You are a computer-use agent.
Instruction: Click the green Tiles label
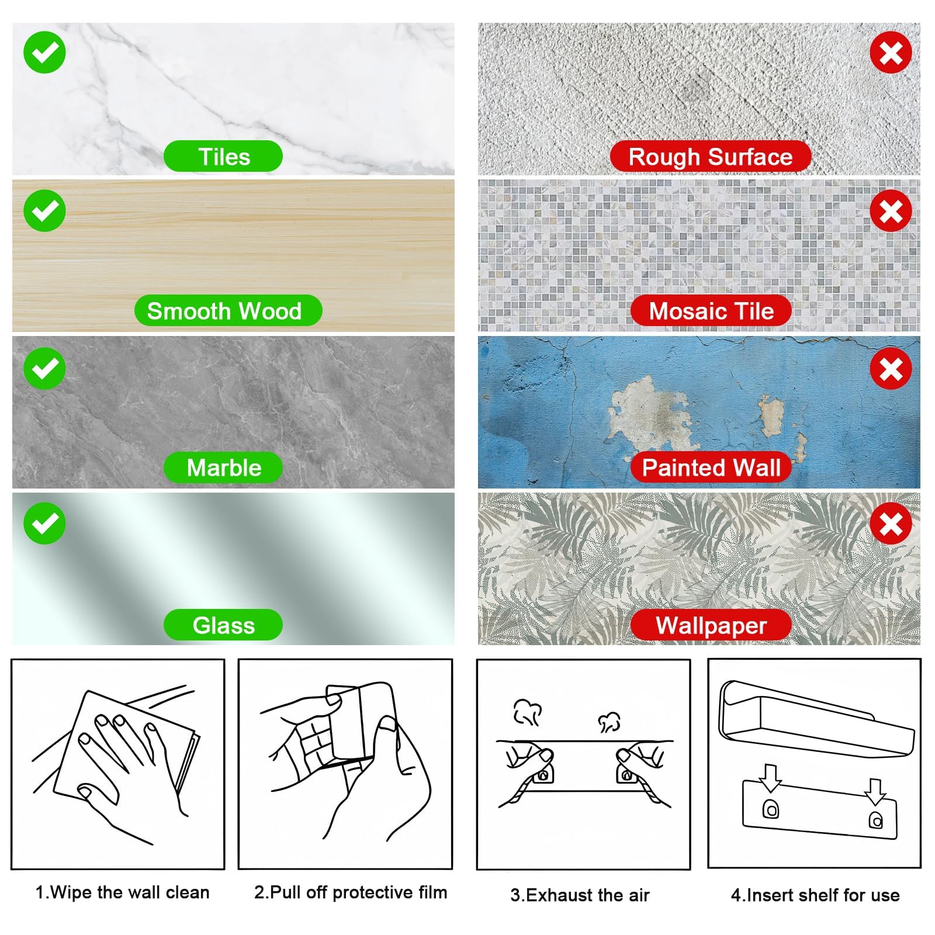tap(223, 157)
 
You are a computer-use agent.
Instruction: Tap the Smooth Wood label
tap(228, 310)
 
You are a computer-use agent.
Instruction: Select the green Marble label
tap(223, 467)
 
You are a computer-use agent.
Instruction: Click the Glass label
tap(223, 625)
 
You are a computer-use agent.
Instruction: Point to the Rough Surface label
tap(711, 157)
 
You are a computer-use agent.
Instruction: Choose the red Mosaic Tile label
tap(711, 310)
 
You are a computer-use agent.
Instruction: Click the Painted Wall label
tap(711, 467)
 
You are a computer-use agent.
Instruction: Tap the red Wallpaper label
tap(711, 625)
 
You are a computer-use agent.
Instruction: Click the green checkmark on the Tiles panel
tap(44, 53)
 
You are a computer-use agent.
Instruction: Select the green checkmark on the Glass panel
tap(44, 524)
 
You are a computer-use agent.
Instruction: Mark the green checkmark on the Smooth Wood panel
tap(44, 211)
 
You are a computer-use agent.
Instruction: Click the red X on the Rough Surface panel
tap(891, 53)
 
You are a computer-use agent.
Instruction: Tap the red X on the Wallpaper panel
tap(891, 524)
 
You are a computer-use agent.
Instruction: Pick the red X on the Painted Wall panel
tap(891, 369)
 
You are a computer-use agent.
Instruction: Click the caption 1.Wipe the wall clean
tap(122, 892)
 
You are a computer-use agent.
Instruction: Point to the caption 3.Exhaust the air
tap(580, 895)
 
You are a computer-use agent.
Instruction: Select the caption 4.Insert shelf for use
tap(815, 895)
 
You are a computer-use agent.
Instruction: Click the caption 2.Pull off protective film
tap(351, 892)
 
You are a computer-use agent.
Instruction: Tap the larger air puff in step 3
tap(527, 712)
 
